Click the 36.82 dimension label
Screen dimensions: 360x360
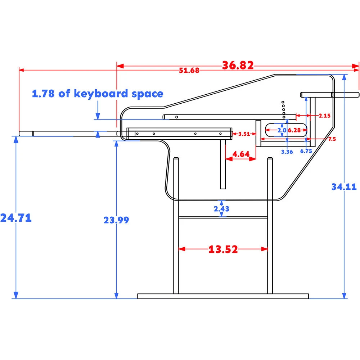(238, 66)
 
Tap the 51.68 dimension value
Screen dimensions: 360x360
(189, 70)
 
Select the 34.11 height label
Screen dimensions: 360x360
(344, 187)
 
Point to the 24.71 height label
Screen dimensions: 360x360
(16, 218)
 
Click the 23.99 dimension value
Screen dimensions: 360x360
(116, 220)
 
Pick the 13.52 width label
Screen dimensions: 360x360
(223, 249)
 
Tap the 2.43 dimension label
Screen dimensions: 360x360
(221, 209)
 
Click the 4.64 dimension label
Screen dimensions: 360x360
(241, 154)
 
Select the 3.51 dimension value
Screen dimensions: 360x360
(244, 134)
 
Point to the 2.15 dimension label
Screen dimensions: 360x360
(324, 116)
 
